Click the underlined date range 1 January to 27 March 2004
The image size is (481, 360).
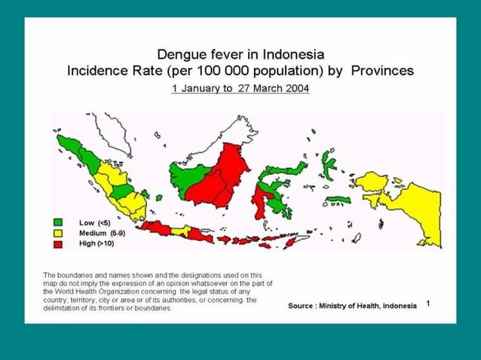click(x=240, y=88)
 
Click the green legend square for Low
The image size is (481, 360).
click(x=57, y=223)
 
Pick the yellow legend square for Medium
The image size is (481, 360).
click(x=57, y=233)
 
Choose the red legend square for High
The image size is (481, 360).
click(x=57, y=244)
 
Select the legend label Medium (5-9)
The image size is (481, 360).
click(x=101, y=233)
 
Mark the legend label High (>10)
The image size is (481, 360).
click(x=96, y=244)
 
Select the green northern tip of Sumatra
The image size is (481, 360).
click(x=69, y=143)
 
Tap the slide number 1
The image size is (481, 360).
click(x=427, y=303)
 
